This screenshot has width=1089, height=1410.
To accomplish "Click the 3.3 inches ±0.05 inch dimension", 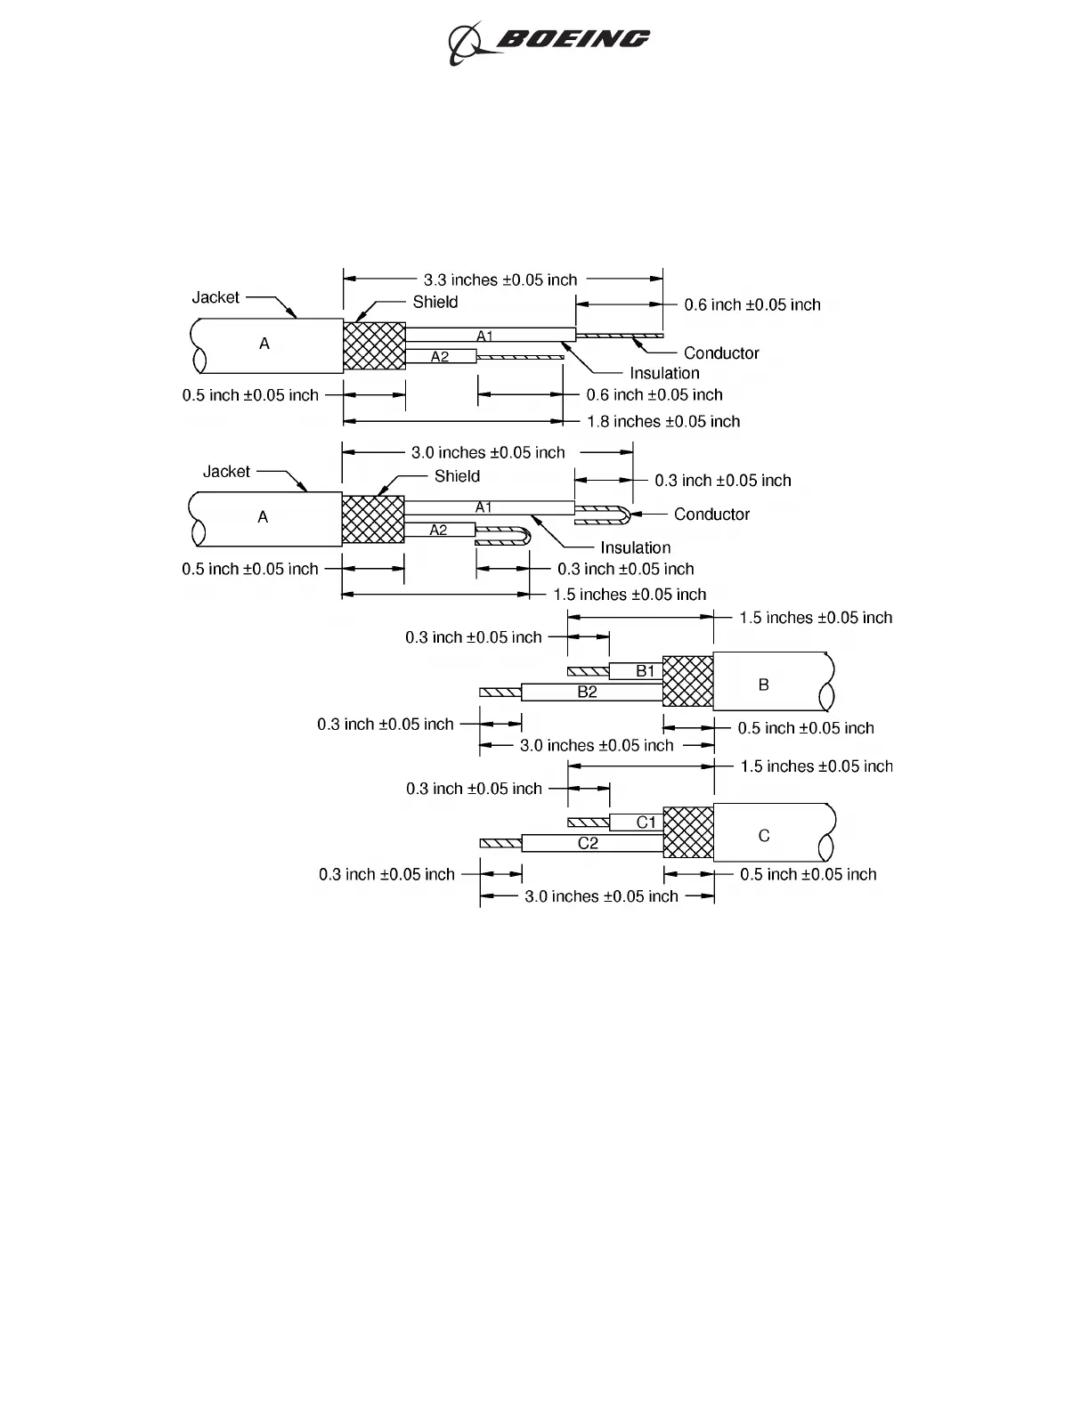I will click(500, 280).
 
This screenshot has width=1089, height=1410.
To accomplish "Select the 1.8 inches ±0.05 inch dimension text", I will click(662, 421).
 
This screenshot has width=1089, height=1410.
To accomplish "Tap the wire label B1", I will click(646, 671).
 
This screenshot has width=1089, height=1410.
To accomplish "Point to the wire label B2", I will click(587, 692).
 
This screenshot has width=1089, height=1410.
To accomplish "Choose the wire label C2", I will click(588, 843).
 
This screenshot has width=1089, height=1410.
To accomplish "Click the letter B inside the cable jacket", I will click(763, 685).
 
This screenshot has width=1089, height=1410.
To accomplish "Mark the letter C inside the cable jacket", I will click(763, 836).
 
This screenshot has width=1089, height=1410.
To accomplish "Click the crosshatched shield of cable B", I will click(688, 681).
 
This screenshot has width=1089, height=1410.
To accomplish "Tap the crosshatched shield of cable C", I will click(688, 832).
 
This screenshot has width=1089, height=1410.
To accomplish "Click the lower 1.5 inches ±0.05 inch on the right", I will click(816, 766).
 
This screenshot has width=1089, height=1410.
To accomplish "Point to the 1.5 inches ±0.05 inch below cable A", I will click(630, 595).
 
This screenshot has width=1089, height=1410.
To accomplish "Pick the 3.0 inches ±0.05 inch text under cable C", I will click(601, 896).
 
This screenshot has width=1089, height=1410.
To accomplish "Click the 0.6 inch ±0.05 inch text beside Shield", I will click(752, 304).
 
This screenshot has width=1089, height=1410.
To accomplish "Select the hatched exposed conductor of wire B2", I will click(500, 692).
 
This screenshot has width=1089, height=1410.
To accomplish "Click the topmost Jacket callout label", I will click(215, 297).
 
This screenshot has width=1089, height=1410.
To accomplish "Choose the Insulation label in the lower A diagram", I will click(635, 547).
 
